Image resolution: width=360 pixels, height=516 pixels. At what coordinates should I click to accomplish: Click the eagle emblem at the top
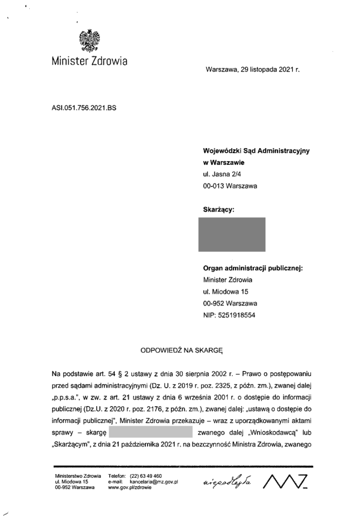tap(90, 41)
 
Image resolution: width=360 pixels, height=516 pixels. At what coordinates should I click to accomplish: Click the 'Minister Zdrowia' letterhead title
tap(90, 61)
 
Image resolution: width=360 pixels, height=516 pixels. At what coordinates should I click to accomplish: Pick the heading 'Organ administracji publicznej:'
tap(253, 269)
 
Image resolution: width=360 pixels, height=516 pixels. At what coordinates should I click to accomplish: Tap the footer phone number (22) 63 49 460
tap(146, 476)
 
